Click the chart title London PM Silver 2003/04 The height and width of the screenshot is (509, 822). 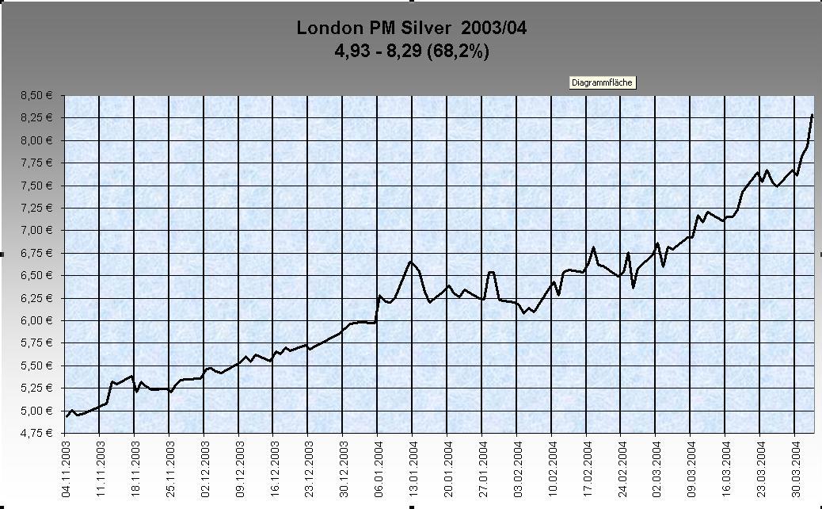point(411,28)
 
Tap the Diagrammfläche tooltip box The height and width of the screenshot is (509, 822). point(603,82)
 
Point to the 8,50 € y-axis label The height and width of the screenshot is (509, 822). point(36,96)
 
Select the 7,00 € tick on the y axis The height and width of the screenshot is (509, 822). point(36,231)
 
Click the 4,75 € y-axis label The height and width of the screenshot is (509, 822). point(36,433)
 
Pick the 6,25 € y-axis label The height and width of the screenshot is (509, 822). point(36,298)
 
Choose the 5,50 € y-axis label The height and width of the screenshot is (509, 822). point(36,365)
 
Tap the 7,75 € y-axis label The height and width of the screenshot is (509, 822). point(36,163)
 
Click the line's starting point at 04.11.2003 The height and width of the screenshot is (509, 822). point(67,416)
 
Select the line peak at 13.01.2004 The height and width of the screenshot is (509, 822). point(411,262)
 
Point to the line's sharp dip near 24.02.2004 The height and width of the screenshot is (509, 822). point(633,287)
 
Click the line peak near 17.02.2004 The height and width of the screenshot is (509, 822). point(593,247)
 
